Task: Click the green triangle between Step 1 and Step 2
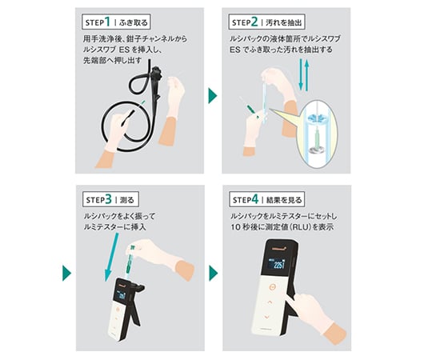coord(213,97)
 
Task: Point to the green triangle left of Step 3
coord(66,273)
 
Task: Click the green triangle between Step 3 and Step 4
coord(213,273)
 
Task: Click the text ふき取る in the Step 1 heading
coord(136,19)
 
